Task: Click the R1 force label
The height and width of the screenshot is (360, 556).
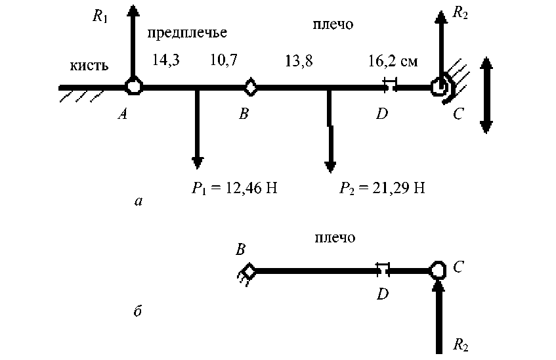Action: (x=99, y=15)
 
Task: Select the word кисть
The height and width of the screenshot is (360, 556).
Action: (x=89, y=66)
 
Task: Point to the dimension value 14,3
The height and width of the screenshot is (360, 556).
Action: (x=166, y=60)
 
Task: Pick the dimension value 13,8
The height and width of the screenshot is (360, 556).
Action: (x=299, y=62)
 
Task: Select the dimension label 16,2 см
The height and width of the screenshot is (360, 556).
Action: (x=395, y=62)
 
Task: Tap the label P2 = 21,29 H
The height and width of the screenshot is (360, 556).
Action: (x=382, y=189)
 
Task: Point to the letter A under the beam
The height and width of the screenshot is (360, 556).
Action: (x=122, y=114)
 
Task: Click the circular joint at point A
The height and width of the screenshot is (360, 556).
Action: (x=133, y=86)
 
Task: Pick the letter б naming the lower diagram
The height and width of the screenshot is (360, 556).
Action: (x=137, y=311)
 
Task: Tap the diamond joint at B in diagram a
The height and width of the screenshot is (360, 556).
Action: (x=250, y=86)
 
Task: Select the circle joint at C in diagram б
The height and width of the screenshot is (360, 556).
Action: (x=438, y=269)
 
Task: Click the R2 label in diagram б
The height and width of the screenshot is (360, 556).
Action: (x=461, y=344)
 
